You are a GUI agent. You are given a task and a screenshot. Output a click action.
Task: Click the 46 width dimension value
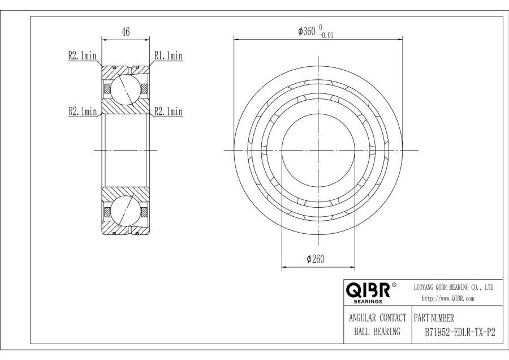[x=126, y=32]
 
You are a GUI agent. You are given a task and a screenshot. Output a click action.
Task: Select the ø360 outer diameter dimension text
[x=307, y=31]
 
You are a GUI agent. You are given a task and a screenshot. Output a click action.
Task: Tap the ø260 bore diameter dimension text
[x=316, y=259]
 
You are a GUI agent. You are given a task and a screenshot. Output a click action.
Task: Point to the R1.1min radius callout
[x=168, y=55]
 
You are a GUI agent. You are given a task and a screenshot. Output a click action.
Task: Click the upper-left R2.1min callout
[x=82, y=55]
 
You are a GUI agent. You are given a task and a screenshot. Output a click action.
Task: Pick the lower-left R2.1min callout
[x=83, y=112]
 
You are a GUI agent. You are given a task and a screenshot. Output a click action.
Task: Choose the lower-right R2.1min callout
[x=168, y=112]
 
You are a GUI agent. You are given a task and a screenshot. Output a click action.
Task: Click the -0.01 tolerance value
[x=326, y=36]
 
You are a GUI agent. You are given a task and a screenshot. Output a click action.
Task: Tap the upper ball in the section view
[x=126, y=90]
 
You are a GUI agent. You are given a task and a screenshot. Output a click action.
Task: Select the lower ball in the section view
[x=126, y=211]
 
